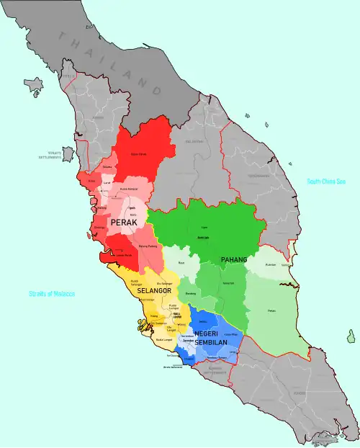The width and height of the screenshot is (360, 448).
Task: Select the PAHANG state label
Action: pos(233,259)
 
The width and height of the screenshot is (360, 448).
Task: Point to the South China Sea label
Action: pos(326,182)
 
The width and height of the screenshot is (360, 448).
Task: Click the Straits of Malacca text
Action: pos(52,294)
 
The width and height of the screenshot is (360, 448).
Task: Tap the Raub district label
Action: pos(181,263)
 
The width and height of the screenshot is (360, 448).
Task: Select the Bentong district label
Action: pos(190,293)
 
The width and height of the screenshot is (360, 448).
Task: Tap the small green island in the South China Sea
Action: pos(351,336)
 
